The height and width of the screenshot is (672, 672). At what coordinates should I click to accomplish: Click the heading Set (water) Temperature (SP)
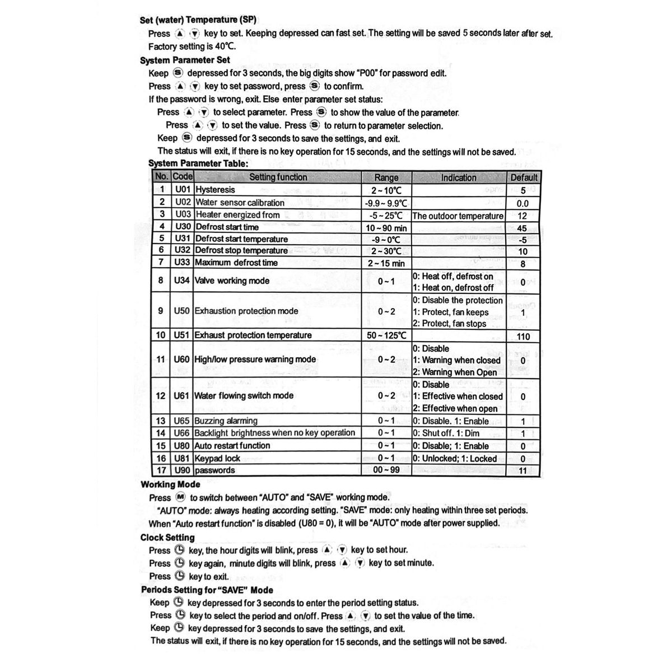tap(198, 20)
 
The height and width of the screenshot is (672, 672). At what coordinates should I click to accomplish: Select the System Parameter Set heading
tap(185, 60)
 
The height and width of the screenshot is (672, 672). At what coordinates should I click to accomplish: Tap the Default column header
tap(524, 178)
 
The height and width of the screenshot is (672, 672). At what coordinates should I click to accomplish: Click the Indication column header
tap(459, 178)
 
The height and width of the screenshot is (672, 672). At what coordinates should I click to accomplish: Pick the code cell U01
tap(183, 190)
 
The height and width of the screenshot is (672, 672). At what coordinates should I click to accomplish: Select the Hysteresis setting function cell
tap(216, 190)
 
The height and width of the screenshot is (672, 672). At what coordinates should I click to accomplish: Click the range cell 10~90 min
tap(386, 228)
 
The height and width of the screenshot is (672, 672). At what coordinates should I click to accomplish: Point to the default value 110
tap(523, 337)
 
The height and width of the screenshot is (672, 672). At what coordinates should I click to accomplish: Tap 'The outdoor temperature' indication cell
tap(458, 216)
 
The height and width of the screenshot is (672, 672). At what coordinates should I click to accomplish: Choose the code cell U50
tap(182, 311)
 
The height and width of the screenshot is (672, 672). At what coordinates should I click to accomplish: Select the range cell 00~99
tap(386, 470)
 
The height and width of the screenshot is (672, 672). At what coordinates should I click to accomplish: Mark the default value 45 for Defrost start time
tap(523, 228)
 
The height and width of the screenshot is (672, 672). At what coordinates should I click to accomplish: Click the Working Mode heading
tap(170, 484)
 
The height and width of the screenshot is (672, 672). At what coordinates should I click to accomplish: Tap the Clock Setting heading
tap(167, 537)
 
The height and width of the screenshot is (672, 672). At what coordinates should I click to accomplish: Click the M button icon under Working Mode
tap(180, 497)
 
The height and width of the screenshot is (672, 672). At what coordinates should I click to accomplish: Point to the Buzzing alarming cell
tap(226, 421)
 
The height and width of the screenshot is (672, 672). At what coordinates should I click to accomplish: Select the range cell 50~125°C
tap(386, 335)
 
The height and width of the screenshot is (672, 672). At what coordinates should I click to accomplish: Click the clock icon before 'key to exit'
tap(180, 576)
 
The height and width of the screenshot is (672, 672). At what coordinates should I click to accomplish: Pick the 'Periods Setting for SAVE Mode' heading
tap(207, 590)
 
